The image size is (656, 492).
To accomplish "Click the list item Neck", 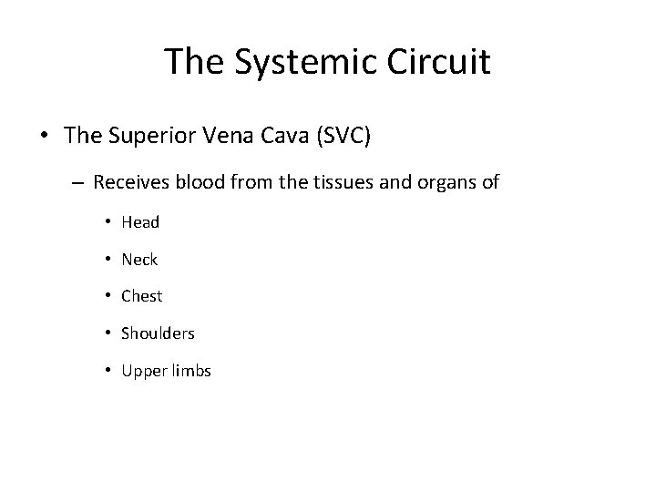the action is coord(139,260).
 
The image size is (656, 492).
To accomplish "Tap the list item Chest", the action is coord(141,296).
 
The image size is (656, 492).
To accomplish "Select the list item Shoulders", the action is coord(158,333).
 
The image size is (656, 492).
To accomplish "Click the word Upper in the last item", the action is coord(141,371).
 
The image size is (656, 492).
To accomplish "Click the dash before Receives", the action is coord(78,183).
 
